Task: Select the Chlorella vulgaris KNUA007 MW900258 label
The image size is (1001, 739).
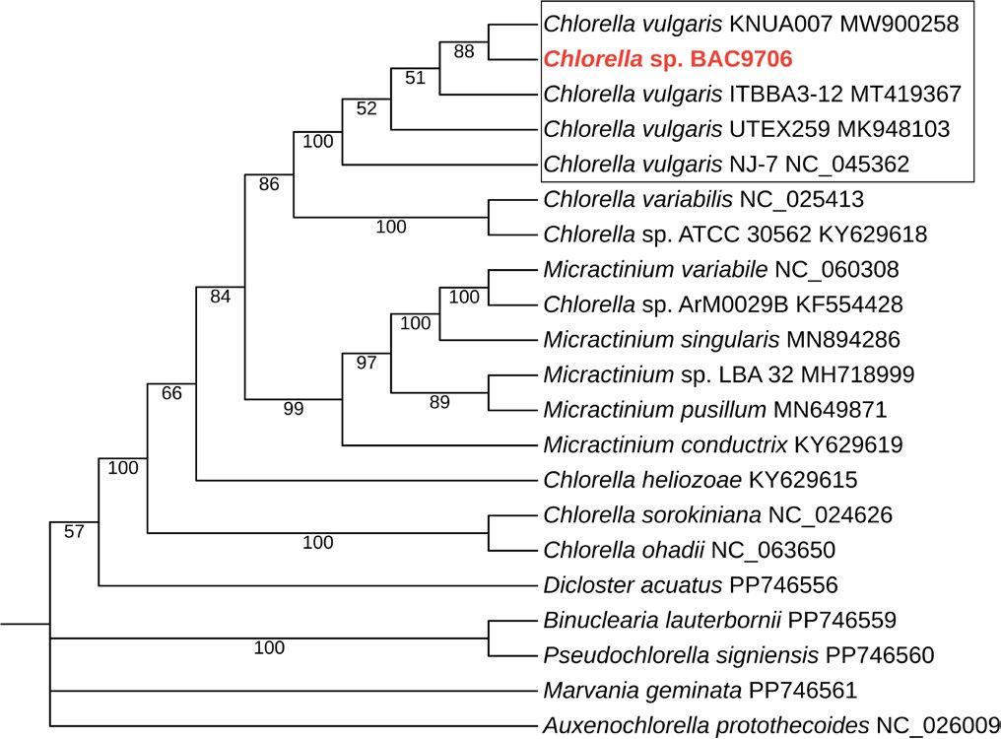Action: pyautogui.click(x=751, y=23)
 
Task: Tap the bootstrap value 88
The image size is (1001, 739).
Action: pyautogui.click(x=464, y=51)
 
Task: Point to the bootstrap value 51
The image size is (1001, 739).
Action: pyautogui.click(x=415, y=79)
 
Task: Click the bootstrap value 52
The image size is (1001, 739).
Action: pyautogui.click(x=367, y=108)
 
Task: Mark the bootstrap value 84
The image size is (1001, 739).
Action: pyautogui.click(x=220, y=297)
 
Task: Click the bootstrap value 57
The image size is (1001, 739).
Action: pyautogui.click(x=75, y=533)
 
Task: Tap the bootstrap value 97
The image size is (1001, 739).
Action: pyautogui.click(x=367, y=363)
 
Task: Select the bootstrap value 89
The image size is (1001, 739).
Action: pyautogui.click(x=439, y=401)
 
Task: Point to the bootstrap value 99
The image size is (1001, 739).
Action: pyautogui.click(x=294, y=409)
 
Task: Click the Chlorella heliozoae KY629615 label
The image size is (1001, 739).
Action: pyautogui.click(x=700, y=480)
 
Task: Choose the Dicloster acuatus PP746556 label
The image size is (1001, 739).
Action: pyautogui.click(x=690, y=584)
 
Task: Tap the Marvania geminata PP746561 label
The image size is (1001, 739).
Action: pyautogui.click(x=701, y=691)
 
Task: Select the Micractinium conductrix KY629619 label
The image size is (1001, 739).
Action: pyautogui.click(x=722, y=444)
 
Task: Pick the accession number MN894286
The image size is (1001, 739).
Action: pyautogui.click(x=843, y=340)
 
